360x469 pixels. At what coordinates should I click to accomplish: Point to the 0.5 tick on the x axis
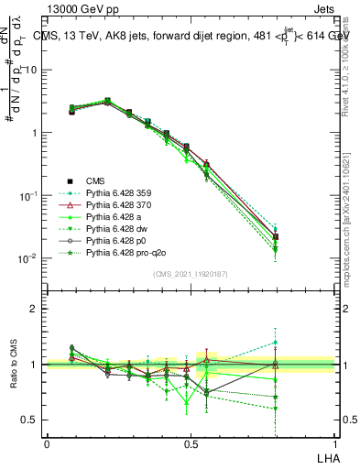point(191,442)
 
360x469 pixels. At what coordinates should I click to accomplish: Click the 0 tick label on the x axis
point(47,442)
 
